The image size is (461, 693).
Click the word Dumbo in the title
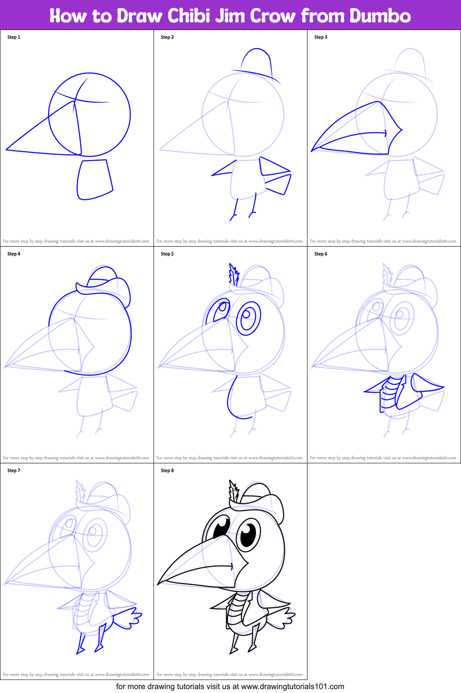coord(380,16)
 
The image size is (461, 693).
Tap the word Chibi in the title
coord(190,16)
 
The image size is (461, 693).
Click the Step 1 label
coord(14,37)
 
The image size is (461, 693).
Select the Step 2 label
coord(167,37)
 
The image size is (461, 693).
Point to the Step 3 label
coord(320,37)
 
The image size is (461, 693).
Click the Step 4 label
coord(14,254)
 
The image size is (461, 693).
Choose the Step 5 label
coord(167,254)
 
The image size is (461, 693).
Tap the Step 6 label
coord(320,254)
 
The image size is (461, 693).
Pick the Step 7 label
coord(14,471)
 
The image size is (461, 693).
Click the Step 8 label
coord(167,471)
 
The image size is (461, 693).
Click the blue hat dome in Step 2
coord(257,61)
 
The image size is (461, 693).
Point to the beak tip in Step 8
coord(159,583)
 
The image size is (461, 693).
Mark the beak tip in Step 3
coord(312,151)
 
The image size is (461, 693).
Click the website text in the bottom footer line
coord(292,686)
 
